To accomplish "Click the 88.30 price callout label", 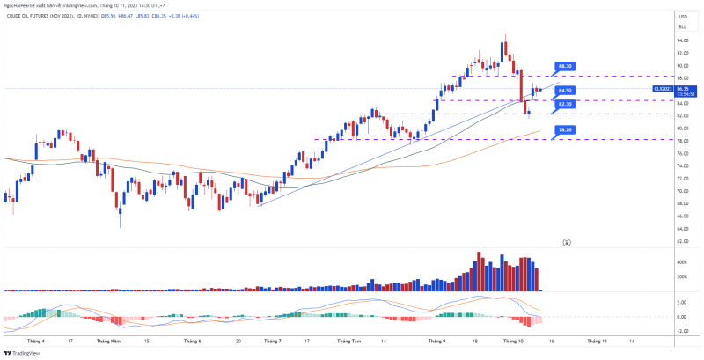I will click(x=566, y=66).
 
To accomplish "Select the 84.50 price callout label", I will click(x=566, y=91).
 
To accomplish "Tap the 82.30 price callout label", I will click(x=566, y=104).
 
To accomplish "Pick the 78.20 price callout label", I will click(x=566, y=129).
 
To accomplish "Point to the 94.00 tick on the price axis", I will click(x=682, y=40).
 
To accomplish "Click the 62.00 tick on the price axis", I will click(x=682, y=240).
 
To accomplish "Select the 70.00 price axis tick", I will click(x=682, y=190).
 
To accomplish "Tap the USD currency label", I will click(x=682, y=17).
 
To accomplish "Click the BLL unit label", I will click(x=682, y=27).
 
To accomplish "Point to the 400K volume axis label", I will click(x=682, y=262).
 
